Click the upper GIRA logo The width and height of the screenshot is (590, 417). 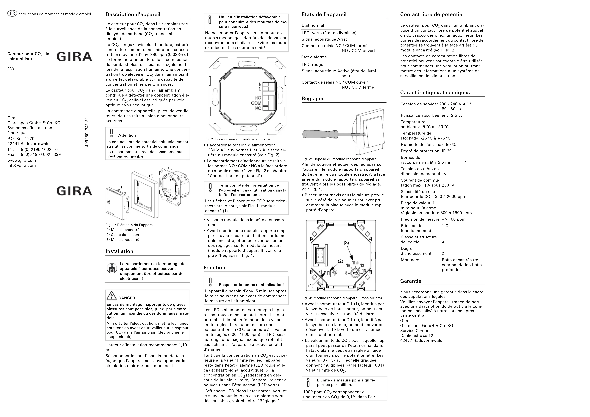point(74,57)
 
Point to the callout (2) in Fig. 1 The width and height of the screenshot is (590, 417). point(151,176)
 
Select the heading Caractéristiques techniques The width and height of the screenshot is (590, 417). point(435,93)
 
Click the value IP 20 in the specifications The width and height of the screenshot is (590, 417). point(447,151)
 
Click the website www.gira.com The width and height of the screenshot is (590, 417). point(22,160)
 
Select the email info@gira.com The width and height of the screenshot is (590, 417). point(22,165)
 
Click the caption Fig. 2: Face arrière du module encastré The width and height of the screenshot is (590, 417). point(236,139)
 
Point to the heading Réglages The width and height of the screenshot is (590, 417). point(313,99)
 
